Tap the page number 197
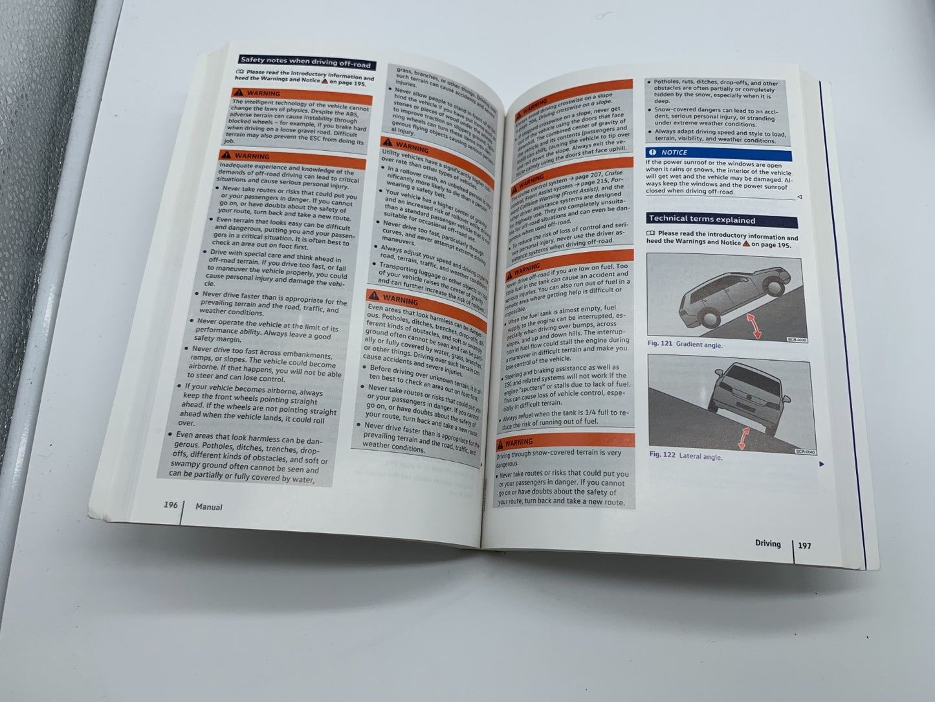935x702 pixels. [804, 546]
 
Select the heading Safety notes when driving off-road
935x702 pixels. [305, 62]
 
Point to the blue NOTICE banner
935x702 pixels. [717, 153]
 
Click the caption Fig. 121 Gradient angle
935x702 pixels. [685, 345]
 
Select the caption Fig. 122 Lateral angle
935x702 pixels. [686, 455]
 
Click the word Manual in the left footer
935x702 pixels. [209, 507]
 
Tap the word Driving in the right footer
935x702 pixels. [767, 544]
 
